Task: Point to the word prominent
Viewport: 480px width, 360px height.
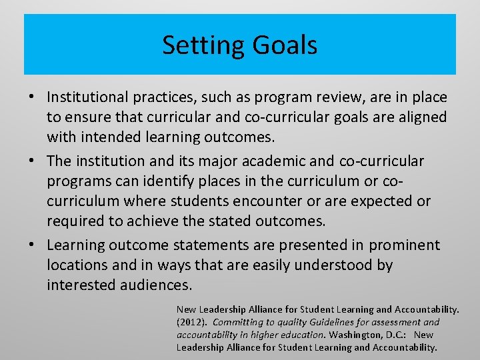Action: click(405, 245)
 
